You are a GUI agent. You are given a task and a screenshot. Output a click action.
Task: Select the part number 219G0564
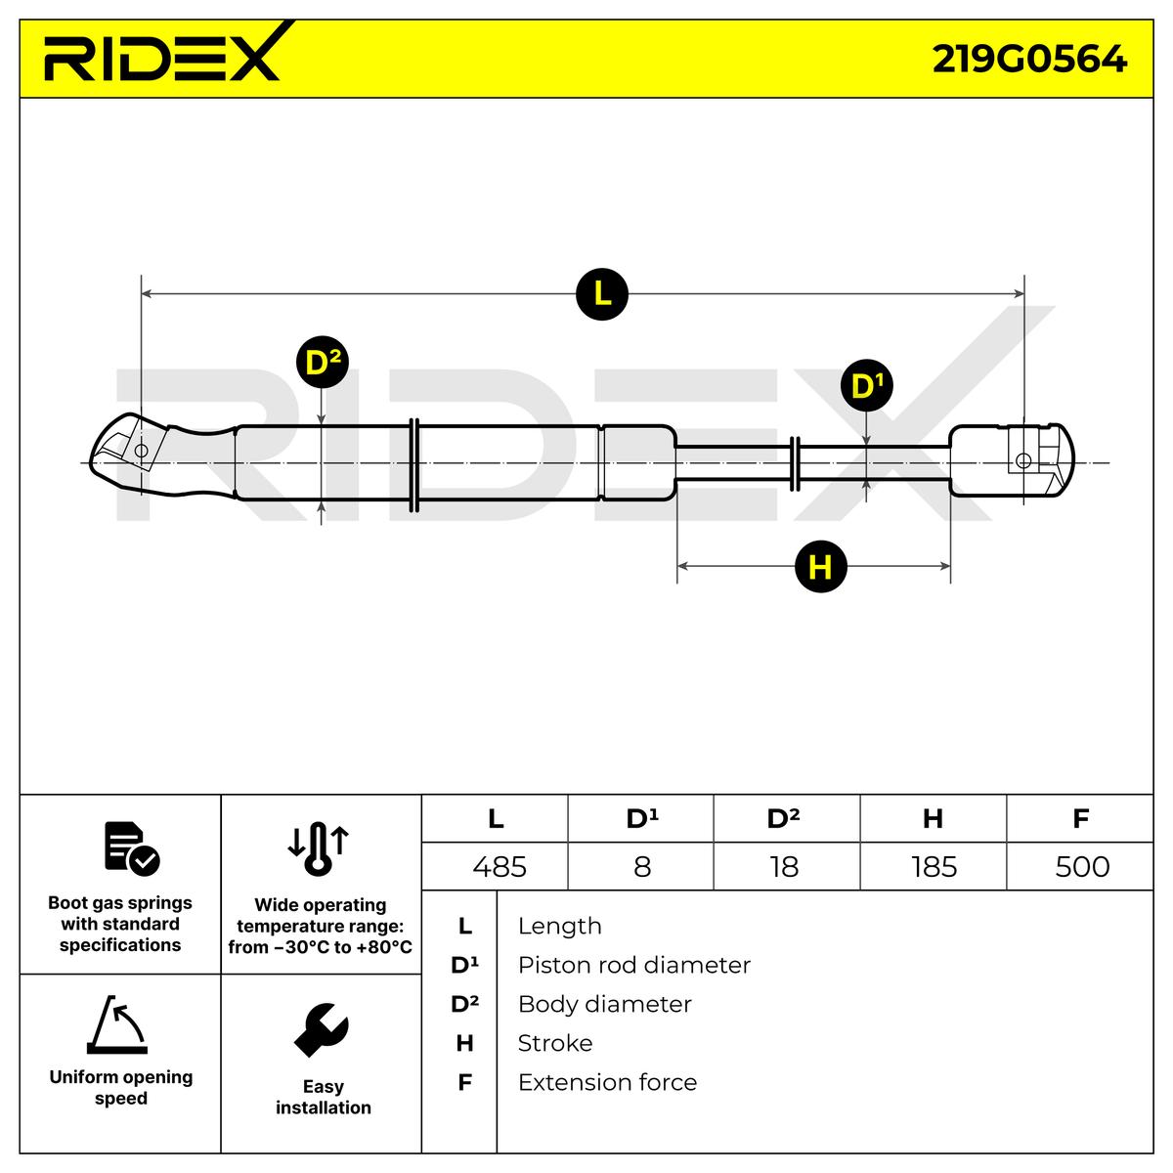click(1029, 59)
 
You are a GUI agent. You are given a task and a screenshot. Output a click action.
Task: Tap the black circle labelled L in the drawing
click(601, 292)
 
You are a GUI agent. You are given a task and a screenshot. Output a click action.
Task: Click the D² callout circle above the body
click(322, 363)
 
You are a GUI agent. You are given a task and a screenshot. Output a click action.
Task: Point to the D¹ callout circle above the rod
click(866, 386)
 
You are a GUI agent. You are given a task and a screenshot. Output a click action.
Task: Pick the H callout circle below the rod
click(820, 567)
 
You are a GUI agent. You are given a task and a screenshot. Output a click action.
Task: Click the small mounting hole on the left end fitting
click(141, 451)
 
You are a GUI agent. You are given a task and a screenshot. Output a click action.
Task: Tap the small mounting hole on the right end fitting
click(1023, 461)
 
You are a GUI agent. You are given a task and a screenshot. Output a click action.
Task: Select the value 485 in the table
click(499, 867)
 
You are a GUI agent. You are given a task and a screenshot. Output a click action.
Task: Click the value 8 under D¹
click(642, 867)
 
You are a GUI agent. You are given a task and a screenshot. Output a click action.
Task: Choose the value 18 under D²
click(784, 867)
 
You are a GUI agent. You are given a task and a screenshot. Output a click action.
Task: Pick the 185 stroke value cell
click(934, 867)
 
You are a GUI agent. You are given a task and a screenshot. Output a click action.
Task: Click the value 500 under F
click(1082, 867)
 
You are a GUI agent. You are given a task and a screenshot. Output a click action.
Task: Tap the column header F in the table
click(1080, 818)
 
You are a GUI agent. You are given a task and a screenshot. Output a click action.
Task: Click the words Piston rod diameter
click(633, 965)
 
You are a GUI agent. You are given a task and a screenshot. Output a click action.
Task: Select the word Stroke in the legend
click(554, 1043)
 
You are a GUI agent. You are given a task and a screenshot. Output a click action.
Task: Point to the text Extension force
click(607, 1082)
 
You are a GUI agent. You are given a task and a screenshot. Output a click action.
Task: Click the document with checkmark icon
click(131, 847)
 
